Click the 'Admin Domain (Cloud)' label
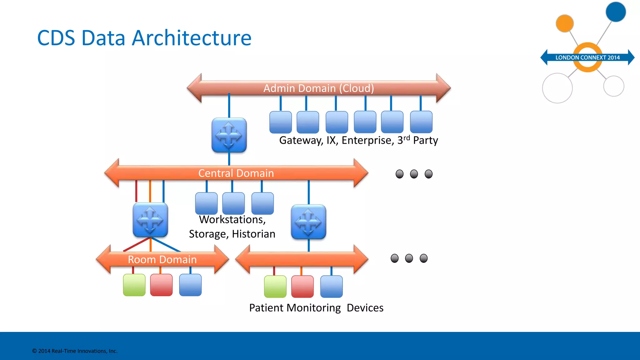tap(318, 88)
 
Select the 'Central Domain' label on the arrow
tap(236, 173)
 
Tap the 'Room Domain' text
tap(162, 259)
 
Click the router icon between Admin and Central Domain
tap(229, 135)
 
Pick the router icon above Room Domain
tap(150, 220)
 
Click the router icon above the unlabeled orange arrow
tap(308, 222)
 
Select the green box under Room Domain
tap(134, 285)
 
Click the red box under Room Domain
tap(161, 285)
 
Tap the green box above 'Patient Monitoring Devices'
tap(275, 287)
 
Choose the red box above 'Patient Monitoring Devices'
tap(302, 287)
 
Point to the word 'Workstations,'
tap(232, 220)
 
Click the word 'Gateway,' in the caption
tap(301, 140)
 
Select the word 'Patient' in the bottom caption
tap(266, 308)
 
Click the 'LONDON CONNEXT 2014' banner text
tap(587, 57)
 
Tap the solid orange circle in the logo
tap(564, 23)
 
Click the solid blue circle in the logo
tap(615, 12)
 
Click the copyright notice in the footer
tap(75, 351)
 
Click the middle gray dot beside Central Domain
tap(414, 174)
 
